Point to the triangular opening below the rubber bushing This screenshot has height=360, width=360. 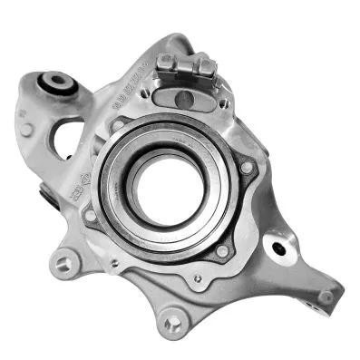pyautogui.click(x=68, y=134)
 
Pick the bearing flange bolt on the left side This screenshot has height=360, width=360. pyautogui.click(x=90, y=215)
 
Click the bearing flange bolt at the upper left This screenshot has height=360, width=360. pyautogui.click(x=116, y=124)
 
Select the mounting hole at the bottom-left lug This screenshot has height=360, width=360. pyautogui.click(x=63, y=264)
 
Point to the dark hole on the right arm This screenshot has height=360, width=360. pyautogui.click(x=279, y=248)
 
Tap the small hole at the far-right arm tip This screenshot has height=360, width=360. pyautogui.click(x=324, y=295)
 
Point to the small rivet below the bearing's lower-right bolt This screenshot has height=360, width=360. pyautogui.click(x=197, y=278)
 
